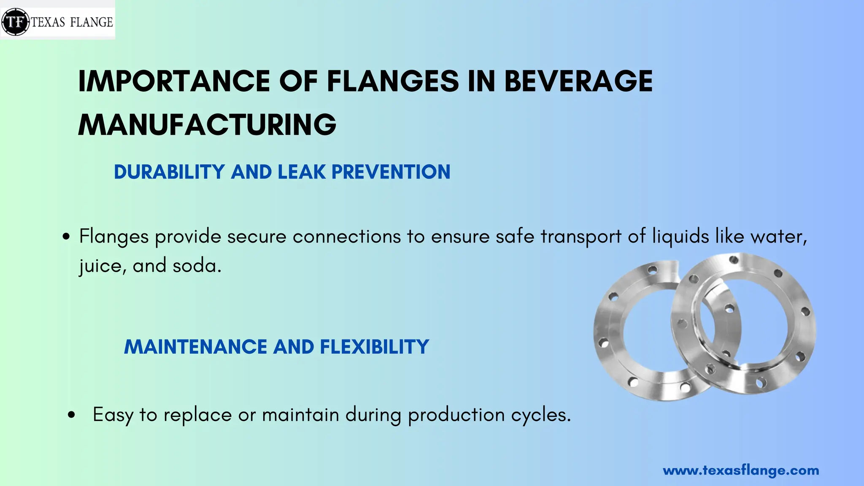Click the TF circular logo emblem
pos(16,21)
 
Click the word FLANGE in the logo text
pos(92,22)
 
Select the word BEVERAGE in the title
pos(578,81)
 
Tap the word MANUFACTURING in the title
pos(207,125)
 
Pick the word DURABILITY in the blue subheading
pos(169,172)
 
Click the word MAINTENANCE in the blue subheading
pos(195,347)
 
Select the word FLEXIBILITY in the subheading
pos(375,347)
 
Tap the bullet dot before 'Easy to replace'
pos(71,415)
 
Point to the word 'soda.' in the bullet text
pos(197,266)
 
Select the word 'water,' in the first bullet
pos(779,237)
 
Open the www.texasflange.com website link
pos(741,470)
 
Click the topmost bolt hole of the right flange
pos(734,259)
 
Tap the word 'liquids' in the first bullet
pos(680,237)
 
